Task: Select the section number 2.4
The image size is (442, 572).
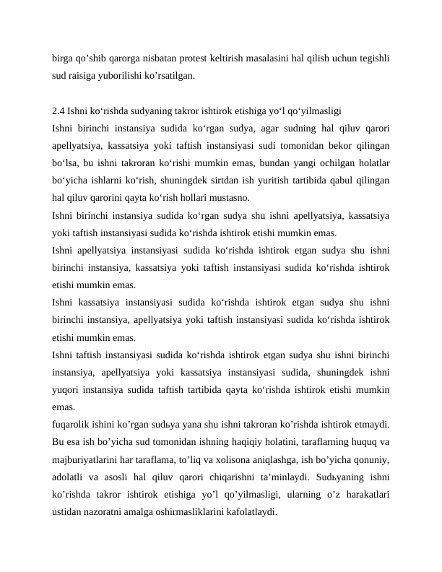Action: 58,111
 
